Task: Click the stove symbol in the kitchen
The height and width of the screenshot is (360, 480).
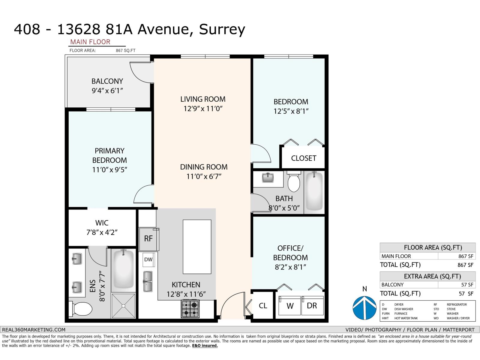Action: tap(190, 309)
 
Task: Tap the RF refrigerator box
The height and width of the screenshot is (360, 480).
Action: tap(148, 239)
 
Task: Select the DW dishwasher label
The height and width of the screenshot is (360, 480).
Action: tap(148, 259)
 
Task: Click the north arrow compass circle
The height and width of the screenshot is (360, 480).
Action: tap(364, 308)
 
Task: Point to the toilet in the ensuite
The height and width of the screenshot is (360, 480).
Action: tap(81, 309)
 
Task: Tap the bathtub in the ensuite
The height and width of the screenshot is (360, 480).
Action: tap(124, 269)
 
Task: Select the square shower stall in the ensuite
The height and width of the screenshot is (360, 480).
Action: tap(123, 305)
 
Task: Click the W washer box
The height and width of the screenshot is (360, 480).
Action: tap(290, 306)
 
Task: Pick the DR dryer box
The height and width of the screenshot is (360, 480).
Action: tap(312, 306)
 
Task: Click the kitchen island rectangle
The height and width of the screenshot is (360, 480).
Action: tap(197, 247)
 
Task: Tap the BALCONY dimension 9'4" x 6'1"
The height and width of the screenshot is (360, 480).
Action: tap(107, 91)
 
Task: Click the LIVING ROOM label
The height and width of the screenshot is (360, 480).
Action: tap(203, 99)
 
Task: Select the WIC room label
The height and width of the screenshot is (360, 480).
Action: tap(102, 223)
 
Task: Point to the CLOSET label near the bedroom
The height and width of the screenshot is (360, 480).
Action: tap(304, 158)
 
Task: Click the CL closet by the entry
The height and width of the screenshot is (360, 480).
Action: tap(263, 305)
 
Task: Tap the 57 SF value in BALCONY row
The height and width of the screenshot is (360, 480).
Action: tap(467, 285)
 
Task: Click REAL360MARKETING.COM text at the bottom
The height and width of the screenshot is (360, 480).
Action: tap(34, 330)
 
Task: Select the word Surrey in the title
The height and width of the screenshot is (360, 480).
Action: tap(222, 29)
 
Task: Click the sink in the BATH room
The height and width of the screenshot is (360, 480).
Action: tap(268, 178)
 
